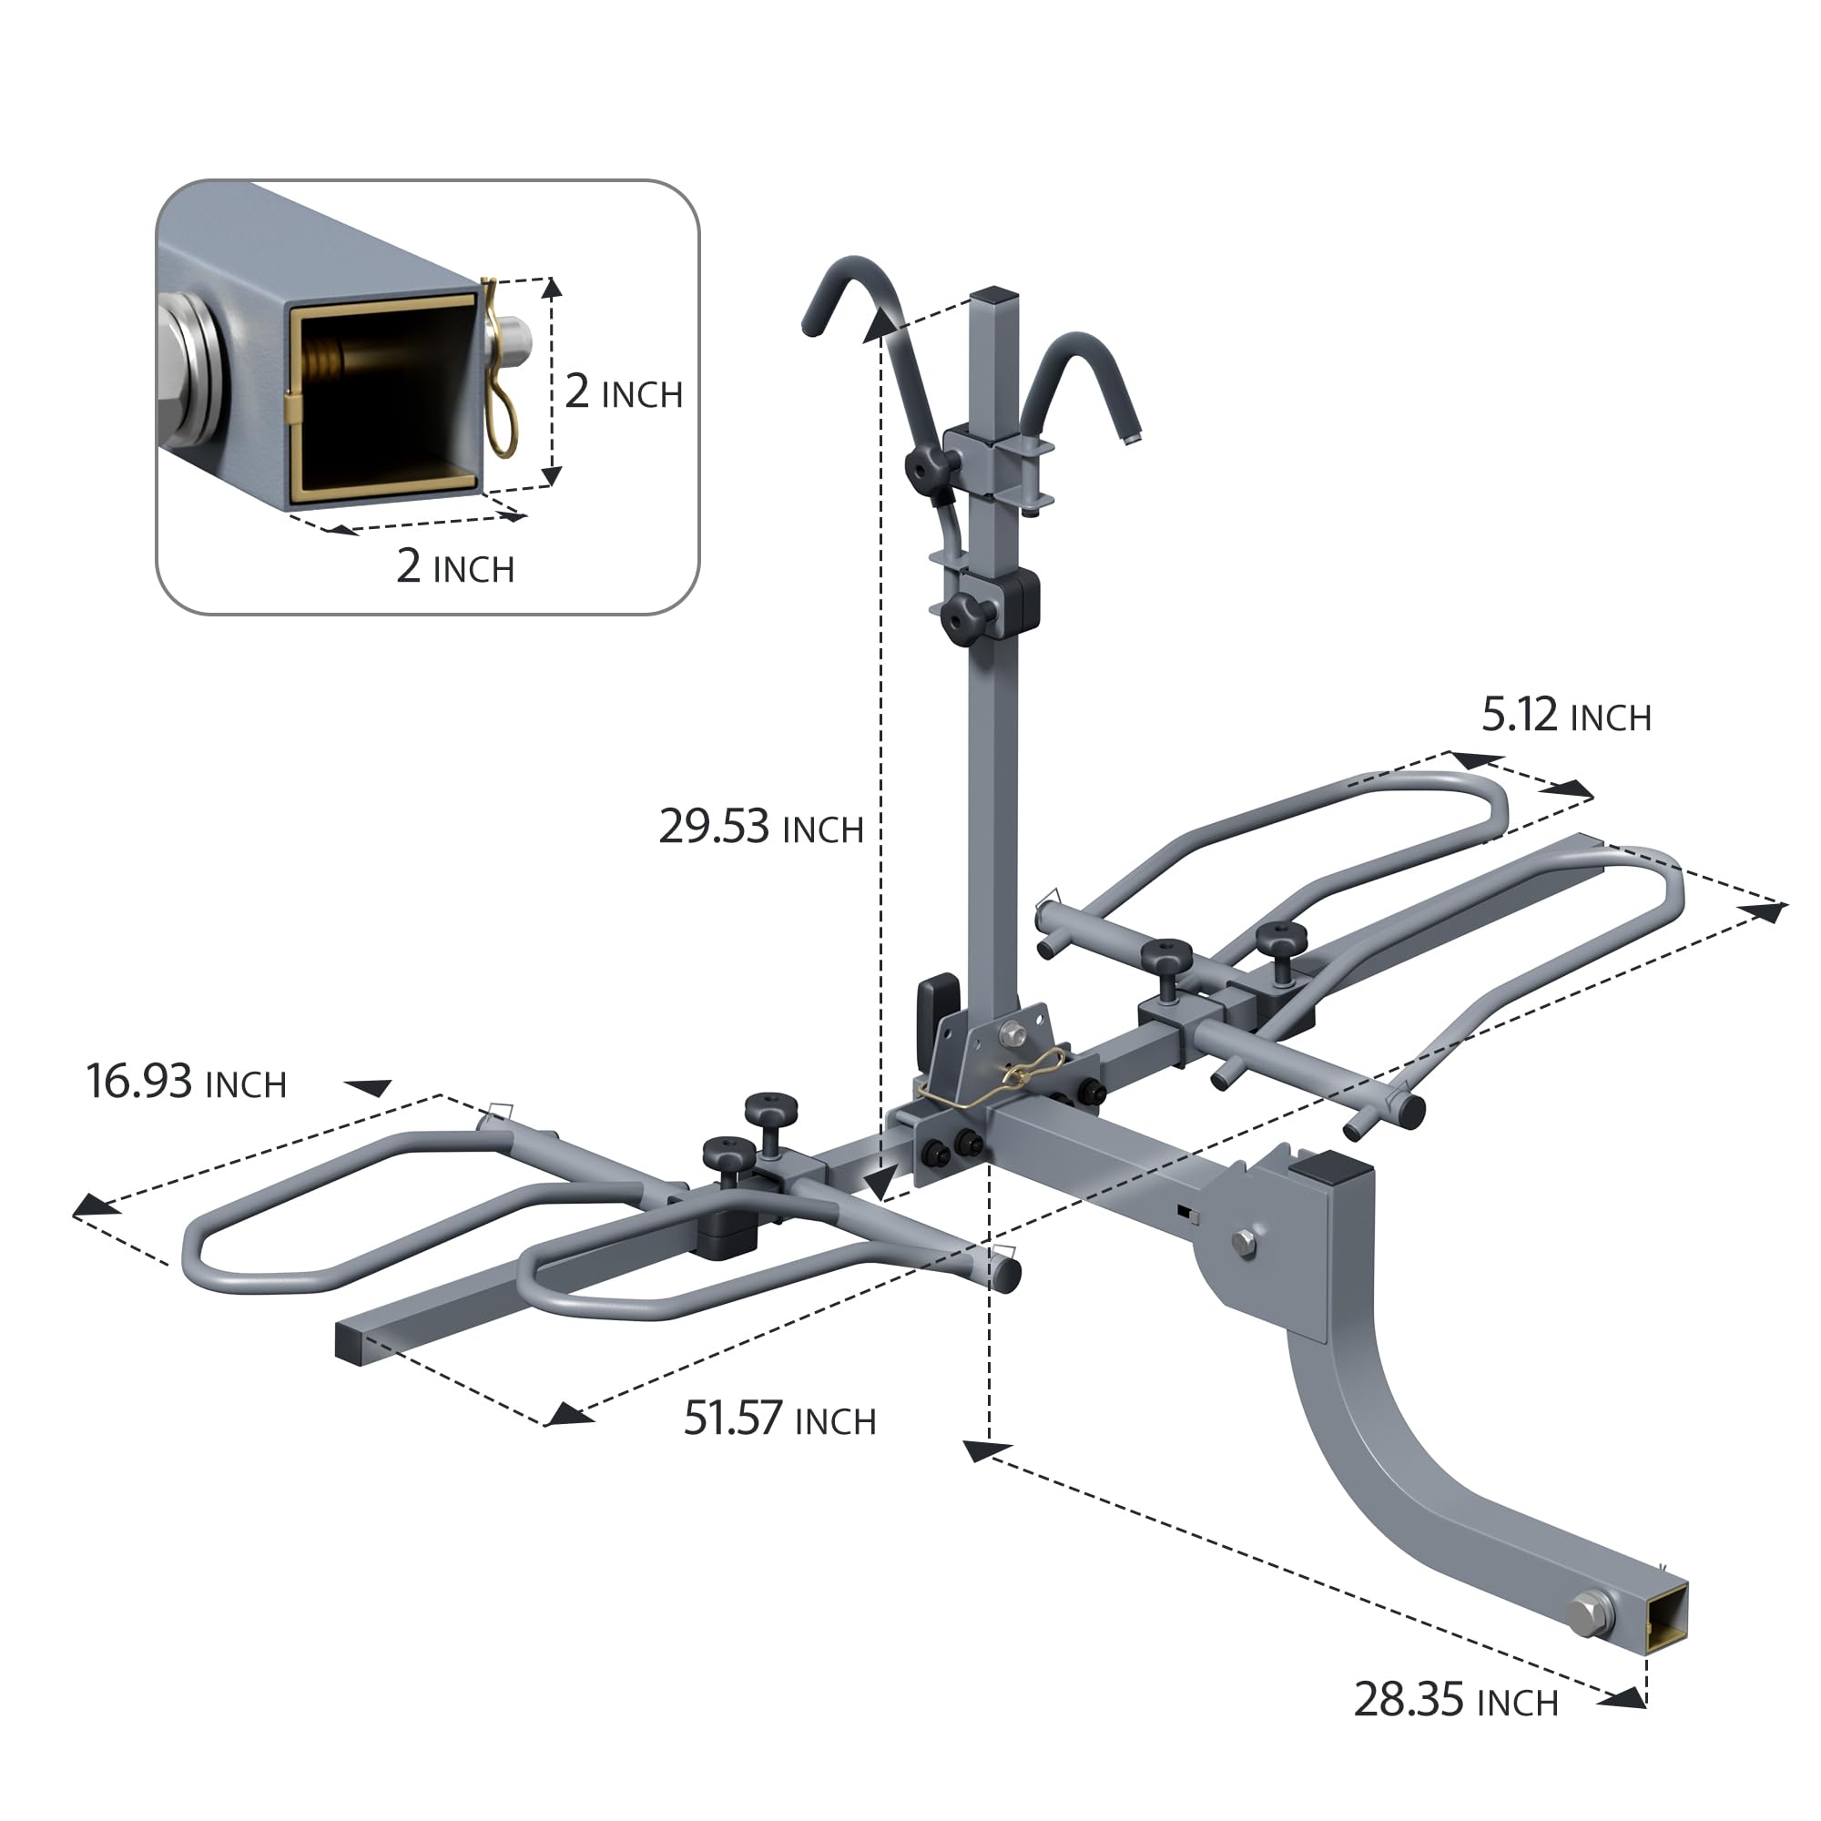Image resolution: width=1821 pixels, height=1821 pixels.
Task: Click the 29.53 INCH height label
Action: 759,827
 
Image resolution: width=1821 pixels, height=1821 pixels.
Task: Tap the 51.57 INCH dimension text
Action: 778,1419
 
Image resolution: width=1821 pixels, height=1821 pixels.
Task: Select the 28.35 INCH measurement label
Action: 1455,1699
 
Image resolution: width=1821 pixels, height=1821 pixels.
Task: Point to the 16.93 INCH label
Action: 186,1081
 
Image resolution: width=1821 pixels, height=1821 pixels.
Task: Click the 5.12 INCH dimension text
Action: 1565,716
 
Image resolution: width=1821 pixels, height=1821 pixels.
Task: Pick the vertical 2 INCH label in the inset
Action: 623,392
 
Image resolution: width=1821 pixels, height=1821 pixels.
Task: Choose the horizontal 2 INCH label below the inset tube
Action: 455,565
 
